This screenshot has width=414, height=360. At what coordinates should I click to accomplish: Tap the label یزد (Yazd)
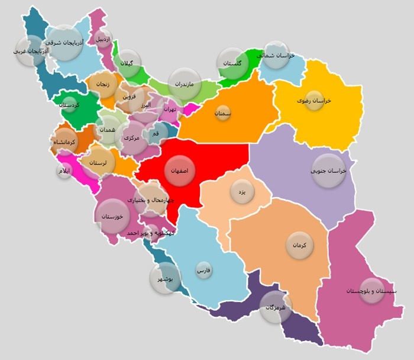point(241,192)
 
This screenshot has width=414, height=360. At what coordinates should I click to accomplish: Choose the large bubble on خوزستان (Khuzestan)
point(112,216)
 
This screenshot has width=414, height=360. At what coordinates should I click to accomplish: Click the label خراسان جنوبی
point(328,171)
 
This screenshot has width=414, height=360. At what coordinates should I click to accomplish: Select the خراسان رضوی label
point(314,101)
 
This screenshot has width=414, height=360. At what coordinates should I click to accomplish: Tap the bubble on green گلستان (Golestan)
point(232,63)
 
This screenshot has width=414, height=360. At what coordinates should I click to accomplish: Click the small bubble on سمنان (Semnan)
point(222,112)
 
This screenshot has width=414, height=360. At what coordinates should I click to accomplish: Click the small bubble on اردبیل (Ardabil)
point(103,40)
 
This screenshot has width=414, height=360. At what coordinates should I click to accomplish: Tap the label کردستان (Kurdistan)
point(70,105)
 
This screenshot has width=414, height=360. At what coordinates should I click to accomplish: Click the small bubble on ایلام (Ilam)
point(64,171)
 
